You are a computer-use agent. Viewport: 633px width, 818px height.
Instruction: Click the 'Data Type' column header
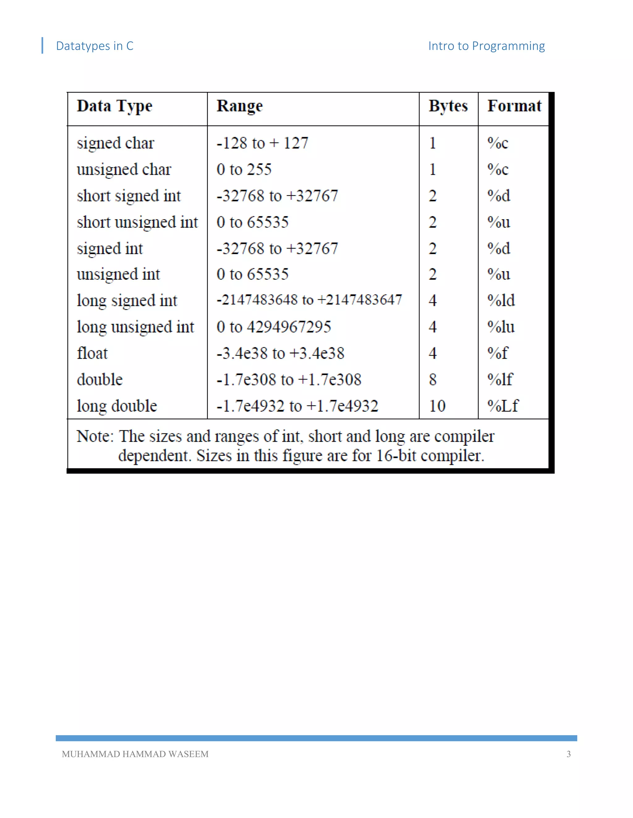click(x=114, y=106)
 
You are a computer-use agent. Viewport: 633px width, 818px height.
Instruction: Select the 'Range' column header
click(x=240, y=106)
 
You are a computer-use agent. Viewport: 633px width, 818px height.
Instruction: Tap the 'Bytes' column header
click(x=448, y=106)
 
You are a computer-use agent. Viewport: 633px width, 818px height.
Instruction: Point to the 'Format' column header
click(x=514, y=106)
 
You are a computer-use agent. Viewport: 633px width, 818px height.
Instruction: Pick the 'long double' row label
click(x=117, y=406)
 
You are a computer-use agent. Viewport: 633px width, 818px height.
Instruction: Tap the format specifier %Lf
click(x=503, y=406)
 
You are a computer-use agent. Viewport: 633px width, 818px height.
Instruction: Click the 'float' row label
click(x=92, y=353)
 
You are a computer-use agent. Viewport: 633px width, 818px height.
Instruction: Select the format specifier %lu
click(x=501, y=327)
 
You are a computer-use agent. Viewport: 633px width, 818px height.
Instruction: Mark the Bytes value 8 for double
click(x=433, y=380)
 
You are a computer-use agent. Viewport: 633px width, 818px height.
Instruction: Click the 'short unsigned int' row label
click(x=137, y=223)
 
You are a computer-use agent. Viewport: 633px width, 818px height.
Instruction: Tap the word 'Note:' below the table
click(x=95, y=436)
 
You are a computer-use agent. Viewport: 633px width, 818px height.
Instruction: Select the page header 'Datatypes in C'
click(x=95, y=46)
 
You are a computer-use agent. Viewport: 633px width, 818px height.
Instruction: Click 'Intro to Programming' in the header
click(x=486, y=46)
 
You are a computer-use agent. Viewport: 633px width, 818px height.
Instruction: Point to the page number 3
click(x=568, y=754)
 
